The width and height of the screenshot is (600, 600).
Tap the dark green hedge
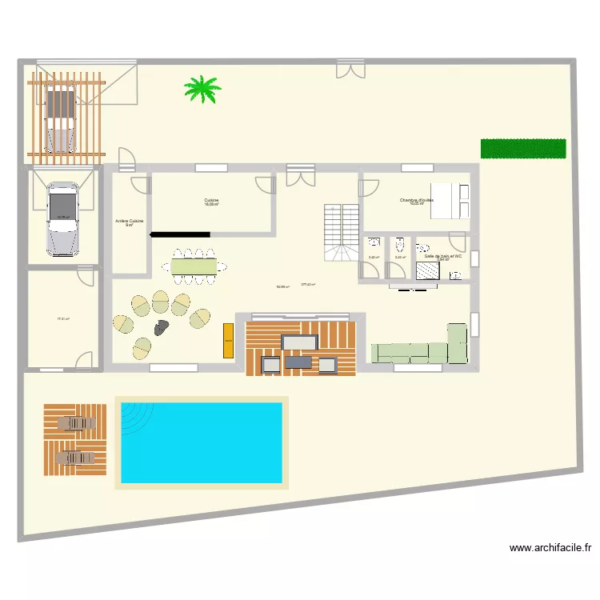523,149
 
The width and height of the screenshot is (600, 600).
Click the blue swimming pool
201,442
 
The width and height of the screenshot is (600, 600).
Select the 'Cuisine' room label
211,200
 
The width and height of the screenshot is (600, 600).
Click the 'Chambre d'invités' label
416,200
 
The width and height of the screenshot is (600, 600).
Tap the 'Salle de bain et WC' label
444,256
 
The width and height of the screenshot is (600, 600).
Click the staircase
342,232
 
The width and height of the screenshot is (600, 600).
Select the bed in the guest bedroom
450,200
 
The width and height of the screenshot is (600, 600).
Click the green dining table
193,264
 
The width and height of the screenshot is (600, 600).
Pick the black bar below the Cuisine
180,234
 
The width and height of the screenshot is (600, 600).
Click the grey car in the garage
63,218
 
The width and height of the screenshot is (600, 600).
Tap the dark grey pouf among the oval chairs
162,326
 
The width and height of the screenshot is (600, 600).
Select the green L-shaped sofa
420,350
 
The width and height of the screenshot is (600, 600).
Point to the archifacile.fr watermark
550,548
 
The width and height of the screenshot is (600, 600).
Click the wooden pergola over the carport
66,114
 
